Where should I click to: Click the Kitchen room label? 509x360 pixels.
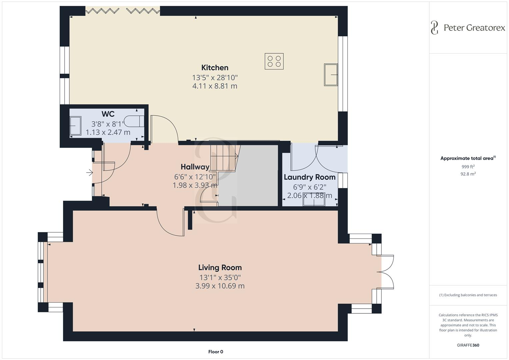click(x=215, y=68)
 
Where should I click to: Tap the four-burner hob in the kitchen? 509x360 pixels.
click(x=274, y=61)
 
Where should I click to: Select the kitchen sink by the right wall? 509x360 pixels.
click(x=331, y=75)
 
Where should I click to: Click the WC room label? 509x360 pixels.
click(x=108, y=114)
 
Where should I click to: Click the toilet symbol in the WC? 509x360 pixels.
click(x=134, y=121)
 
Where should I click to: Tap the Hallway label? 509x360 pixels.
click(x=195, y=167)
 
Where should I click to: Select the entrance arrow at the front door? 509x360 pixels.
click(x=89, y=173)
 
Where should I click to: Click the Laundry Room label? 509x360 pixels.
click(x=309, y=177)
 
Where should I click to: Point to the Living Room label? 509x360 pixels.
click(x=220, y=267)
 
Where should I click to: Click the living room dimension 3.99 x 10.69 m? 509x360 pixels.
click(x=220, y=286)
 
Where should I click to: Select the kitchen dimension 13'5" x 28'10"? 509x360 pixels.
click(x=215, y=78)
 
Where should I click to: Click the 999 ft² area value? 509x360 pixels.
click(x=468, y=167)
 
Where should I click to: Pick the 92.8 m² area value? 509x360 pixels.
click(x=468, y=174)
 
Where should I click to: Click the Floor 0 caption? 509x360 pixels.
click(x=215, y=352)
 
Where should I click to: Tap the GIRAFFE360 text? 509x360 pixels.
click(x=468, y=345)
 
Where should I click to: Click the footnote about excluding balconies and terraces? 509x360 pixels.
click(x=468, y=295)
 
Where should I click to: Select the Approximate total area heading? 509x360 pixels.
click(x=467, y=158)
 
